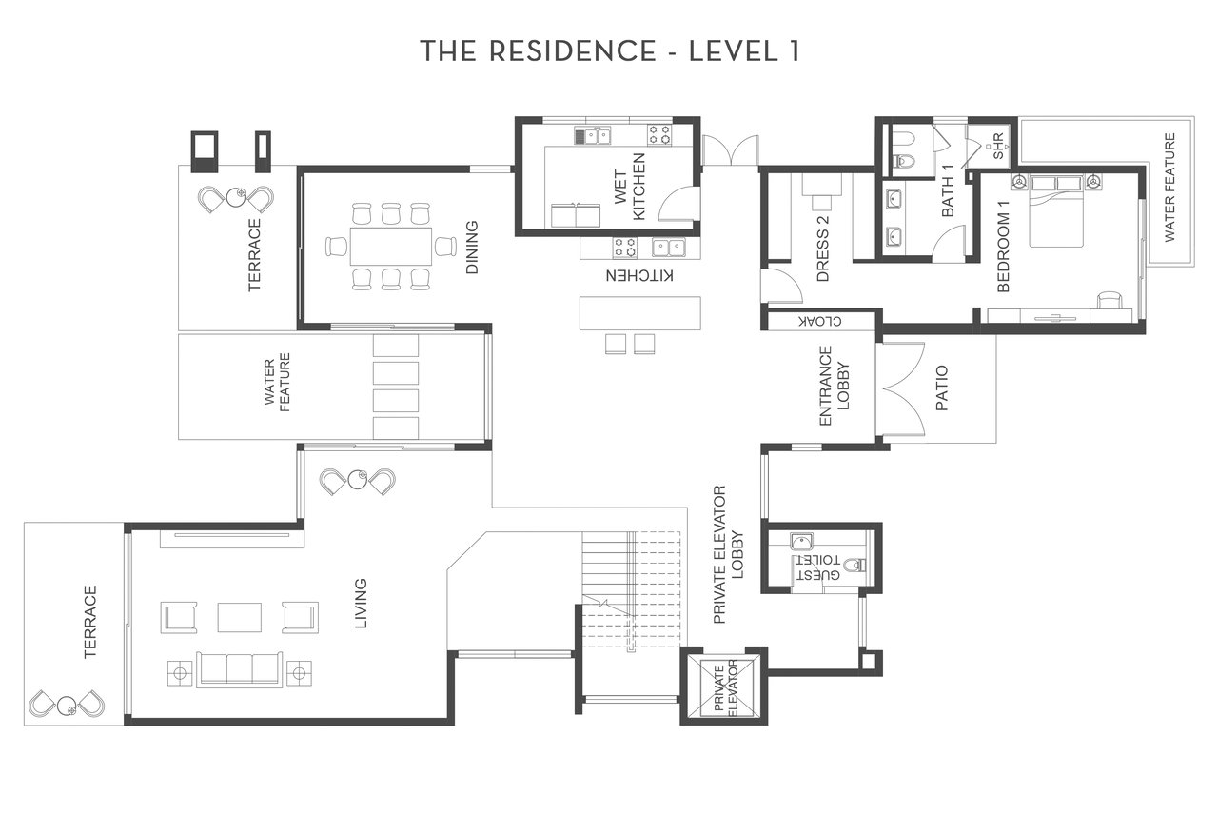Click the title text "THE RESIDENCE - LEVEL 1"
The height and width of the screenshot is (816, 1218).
(x=610, y=51)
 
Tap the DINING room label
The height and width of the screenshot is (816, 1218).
(x=471, y=247)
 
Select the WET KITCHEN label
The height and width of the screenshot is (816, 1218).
(x=630, y=187)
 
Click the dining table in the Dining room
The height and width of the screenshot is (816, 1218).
(x=391, y=247)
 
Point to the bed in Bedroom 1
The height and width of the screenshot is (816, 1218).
(x=1056, y=211)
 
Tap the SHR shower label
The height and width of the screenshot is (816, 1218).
(x=998, y=147)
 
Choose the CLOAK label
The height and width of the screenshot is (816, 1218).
(x=820, y=321)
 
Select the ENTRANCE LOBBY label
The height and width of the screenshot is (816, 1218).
(x=834, y=386)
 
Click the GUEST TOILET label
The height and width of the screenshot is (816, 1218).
(x=818, y=567)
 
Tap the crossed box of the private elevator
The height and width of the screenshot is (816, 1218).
(x=727, y=687)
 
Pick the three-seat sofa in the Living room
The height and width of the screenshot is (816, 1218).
(x=240, y=669)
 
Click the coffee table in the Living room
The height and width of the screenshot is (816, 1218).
(x=240, y=617)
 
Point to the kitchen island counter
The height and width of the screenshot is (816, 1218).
(x=640, y=313)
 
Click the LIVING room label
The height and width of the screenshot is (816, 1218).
(x=361, y=604)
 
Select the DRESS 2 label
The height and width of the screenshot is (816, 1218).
(x=823, y=249)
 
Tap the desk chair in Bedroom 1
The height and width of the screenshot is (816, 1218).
(x=1110, y=301)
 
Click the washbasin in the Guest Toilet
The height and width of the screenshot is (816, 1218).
(x=801, y=542)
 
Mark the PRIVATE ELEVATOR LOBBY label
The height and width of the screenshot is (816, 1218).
(x=728, y=554)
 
